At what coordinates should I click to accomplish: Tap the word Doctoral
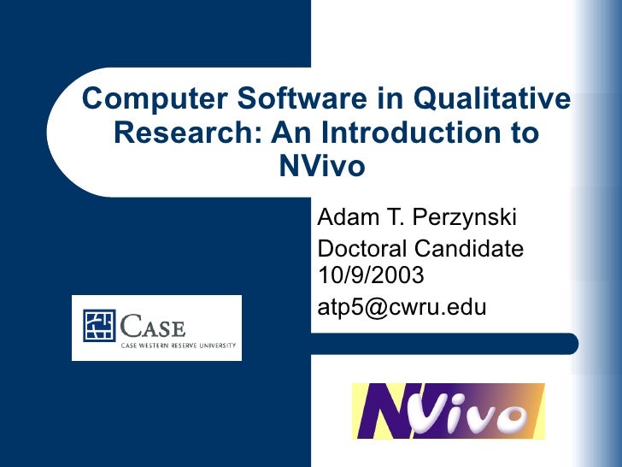pos(362,249)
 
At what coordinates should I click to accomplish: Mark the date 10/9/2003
pos(369,275)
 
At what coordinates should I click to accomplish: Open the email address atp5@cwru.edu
pos(402,306)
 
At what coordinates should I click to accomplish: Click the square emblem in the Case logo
pos(98,326)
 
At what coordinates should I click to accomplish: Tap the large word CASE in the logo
pos(154,324)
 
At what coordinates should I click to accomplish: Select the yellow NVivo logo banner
pos(449,411)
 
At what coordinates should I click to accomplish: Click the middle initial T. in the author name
pos(396,219)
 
